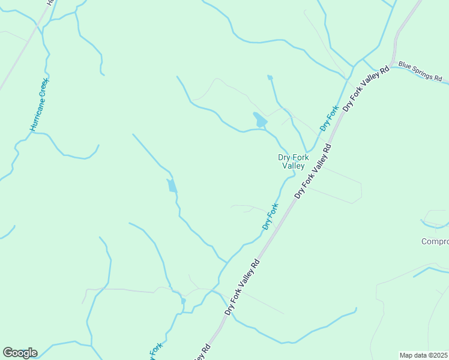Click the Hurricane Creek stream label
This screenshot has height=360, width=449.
[x=40, y=104]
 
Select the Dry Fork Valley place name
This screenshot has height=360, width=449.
[x=293, y=161]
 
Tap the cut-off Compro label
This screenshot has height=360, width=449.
[x=435, y=242]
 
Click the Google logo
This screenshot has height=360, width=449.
[x=20, y=353]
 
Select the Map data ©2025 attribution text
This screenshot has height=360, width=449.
[x=424, y=355]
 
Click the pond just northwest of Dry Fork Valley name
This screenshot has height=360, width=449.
[x=260, y=120]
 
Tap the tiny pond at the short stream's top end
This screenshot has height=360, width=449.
[x=270, y=77]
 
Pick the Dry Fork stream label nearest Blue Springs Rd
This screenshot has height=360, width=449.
[x=330, y=118]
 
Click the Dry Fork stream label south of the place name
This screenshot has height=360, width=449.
[x=271, y=217]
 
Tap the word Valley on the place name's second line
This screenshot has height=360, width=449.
[x=294, y=166]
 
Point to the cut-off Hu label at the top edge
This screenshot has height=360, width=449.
[x=50, y=3]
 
